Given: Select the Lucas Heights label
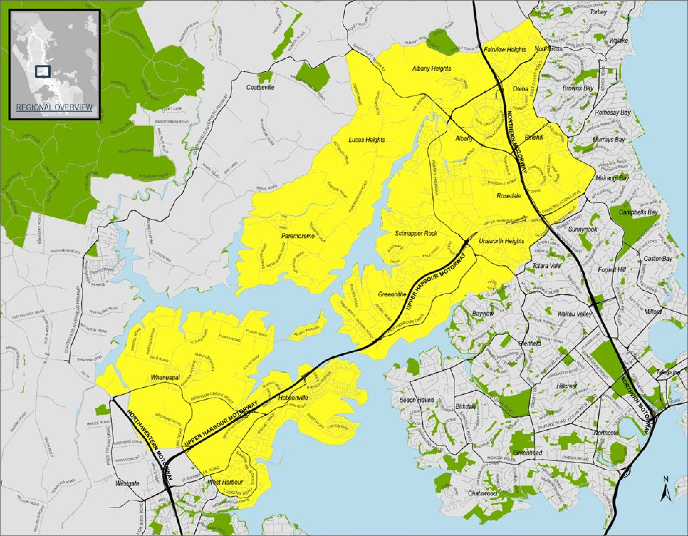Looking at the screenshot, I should (x=367, y=139).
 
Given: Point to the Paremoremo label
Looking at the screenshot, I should (x=298, y=236).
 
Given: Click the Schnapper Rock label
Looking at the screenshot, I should (x=416, y=233).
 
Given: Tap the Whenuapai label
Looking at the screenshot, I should (x=165, y=377).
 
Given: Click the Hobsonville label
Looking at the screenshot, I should (x=293, y=398).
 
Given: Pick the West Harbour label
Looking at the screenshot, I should (x=225, y=482).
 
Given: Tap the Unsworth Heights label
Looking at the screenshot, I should (x=502, y=241).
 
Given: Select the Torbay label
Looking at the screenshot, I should (x=598, y=12).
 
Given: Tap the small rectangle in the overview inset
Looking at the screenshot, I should (x=43, y=71).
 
